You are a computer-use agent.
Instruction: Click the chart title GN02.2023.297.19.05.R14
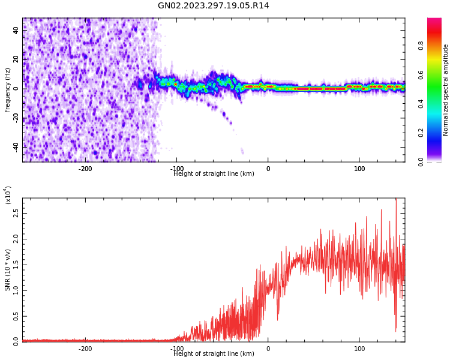point(213,6)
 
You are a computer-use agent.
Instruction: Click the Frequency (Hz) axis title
point(8,90)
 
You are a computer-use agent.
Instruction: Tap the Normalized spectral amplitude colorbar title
point(446,90)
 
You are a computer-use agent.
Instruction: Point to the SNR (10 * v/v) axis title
point(8,270)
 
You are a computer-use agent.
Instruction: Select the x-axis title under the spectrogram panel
point(214,174)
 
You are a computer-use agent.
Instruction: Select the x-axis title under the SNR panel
point(214,354)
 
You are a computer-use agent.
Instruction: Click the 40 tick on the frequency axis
point(16,30)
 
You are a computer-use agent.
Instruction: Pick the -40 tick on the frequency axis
point(15,147)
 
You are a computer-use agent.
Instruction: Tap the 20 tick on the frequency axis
point(16,59)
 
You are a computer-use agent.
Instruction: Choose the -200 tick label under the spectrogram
point(85,169)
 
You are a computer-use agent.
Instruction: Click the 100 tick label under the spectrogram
point(359,169)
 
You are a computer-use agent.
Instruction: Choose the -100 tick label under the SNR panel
point(176,349)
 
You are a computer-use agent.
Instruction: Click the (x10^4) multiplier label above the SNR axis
point(8,195)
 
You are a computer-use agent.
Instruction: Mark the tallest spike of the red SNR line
point(396,200)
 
